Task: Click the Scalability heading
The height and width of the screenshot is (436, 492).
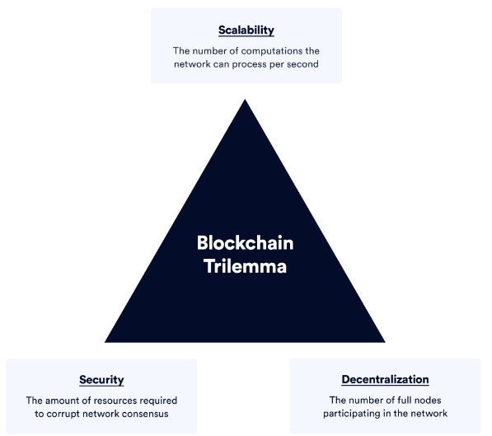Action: [x=246, y=30]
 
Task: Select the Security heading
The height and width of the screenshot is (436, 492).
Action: [x=101, y=380]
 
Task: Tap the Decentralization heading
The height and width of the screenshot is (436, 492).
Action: [x=385, y=379]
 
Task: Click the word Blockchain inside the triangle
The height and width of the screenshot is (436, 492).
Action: [x=245, y=243]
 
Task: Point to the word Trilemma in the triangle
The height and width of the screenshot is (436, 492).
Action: [x=245, y=266]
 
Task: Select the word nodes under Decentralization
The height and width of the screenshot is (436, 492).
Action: [x=428, y=401]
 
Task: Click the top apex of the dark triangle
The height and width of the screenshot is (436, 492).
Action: [x=245, y=100]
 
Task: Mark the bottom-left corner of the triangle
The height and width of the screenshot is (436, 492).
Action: [x=105, y=342]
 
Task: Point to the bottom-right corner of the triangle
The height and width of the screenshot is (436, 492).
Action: [x=386, y=342]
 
